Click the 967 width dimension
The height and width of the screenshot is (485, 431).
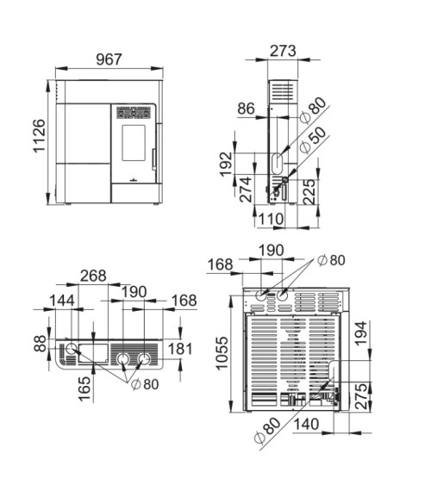point(109,59)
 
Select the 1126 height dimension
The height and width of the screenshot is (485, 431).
point(40,135)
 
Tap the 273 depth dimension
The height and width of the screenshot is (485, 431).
point(283,51)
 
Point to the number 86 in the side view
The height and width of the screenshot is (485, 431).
point(246,109)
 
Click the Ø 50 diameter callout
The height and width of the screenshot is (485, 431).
point(313,140)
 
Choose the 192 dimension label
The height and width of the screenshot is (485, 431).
point(226,164)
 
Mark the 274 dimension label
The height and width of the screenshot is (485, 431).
point(247,190)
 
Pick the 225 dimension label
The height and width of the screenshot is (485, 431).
point(309,192)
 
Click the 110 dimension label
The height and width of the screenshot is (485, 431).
point(271,219)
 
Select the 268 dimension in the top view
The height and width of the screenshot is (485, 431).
point(93,276)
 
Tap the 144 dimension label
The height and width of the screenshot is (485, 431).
point(62,301)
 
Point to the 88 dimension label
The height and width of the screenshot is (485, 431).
point(40,344)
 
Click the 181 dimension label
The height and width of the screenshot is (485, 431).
point(180,349)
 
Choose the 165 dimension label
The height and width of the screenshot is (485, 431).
point(84,389)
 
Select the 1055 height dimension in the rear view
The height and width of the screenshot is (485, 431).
point(222,353)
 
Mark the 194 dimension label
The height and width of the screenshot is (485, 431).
point(360,333)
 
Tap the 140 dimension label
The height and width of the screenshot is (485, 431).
point(306,424)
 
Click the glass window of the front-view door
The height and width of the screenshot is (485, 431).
point(134,143)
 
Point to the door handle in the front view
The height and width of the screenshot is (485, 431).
point(153,159)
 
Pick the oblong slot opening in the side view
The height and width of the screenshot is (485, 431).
point(278,164)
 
